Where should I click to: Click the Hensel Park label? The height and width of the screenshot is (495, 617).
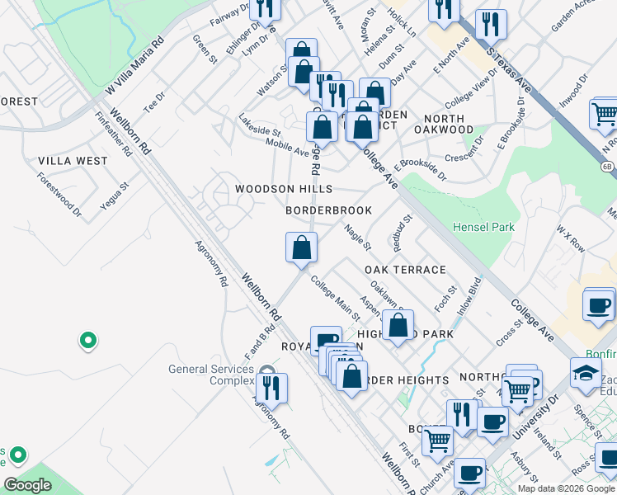[x=483, y=227]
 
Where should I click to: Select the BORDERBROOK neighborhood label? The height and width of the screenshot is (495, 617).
[x=328, y=211]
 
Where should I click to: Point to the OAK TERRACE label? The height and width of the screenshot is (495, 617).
[x=405, y=270]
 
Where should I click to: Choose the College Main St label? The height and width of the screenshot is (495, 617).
[x=336, y=297]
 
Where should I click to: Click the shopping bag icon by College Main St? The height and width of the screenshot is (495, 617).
[x=301, y=247]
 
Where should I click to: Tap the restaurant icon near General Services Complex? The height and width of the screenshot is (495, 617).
[x=271, y=387]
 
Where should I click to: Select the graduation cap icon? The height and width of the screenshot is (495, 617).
[x=586, y=372]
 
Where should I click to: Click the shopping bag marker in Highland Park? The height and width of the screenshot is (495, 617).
[x=398, y=325]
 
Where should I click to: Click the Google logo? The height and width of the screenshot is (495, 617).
[x=28, y=485]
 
